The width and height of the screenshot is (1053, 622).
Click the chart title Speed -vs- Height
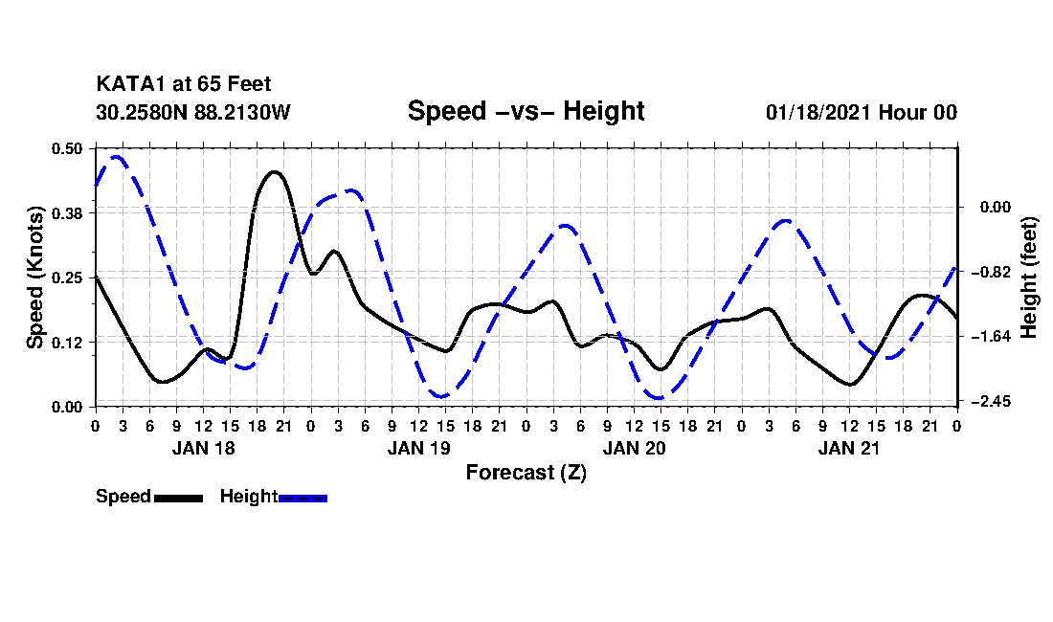(526, 111)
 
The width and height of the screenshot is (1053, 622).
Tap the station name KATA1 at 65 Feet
(184, 85)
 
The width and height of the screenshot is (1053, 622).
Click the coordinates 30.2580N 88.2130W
(192, 112)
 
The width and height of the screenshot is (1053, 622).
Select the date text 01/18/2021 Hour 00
(862, 112)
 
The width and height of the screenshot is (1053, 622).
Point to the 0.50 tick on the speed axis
(68, 148)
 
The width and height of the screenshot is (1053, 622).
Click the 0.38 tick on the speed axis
(68, 212)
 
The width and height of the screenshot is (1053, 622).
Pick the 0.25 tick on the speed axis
(68, 278)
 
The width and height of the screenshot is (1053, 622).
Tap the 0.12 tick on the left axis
(68, 343)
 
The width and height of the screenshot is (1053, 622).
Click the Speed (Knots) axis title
(35, 277)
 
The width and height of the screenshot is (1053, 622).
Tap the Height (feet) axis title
(1030, 277)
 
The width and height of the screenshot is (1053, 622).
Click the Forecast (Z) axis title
(526, 473)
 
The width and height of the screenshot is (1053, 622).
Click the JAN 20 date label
(634, 448)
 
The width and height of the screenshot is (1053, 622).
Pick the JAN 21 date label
(849, 448)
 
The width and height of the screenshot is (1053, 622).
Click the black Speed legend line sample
(178, 498)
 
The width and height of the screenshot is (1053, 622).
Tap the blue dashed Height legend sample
(303, 498)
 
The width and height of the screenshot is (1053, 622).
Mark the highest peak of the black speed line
(274, 172)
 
